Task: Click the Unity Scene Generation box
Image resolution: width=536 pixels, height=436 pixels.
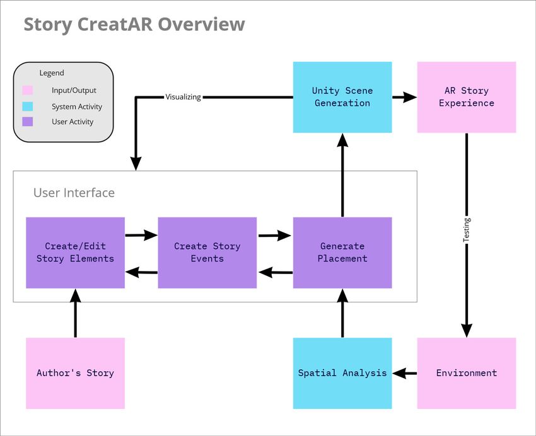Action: tap(342, 97)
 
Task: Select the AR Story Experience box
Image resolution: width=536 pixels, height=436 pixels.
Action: tap(466, 97)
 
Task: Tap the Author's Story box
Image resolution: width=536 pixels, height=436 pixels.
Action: tap(75, 373)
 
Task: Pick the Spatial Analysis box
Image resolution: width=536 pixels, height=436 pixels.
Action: tap(342, 373)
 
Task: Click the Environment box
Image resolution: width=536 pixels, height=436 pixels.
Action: tap(466, 373)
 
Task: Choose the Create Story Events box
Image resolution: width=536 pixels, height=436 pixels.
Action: tap(207, 253)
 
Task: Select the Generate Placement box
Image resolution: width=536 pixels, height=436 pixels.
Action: tap(342, 253)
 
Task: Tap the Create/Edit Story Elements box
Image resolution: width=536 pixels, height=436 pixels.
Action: tap(75, 253)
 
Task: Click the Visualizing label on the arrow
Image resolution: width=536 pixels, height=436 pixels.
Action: tap(184, 97)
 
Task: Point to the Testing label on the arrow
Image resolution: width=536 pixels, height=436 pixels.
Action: tap(467, 230)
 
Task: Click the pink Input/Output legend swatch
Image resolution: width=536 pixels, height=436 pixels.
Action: tap(28, 90)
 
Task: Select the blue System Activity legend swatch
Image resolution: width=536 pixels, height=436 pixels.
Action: tap(28, 106)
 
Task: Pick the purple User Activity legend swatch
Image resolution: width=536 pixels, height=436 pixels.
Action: tap(28, 122)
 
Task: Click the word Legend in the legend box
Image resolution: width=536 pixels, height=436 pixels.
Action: tap(52, 73)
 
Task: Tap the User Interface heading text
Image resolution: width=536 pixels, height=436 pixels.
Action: tap(74, 193)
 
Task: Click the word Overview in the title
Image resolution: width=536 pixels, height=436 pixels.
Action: tap(201, 24)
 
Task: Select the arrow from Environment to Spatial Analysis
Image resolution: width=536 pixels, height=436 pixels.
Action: tap(405, 373)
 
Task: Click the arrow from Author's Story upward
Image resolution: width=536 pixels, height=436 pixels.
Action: tap(75, 313)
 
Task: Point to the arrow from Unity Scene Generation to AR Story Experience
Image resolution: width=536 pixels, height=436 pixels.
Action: tap(405, 97)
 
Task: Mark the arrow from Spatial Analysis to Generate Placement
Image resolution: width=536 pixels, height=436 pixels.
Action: tap(342, 313)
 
